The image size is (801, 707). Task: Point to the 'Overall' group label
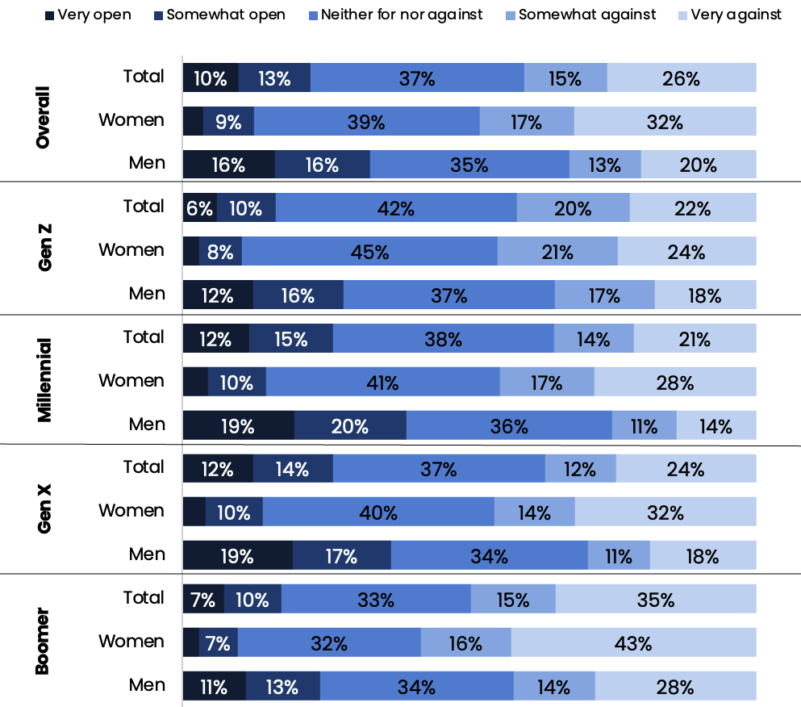44,118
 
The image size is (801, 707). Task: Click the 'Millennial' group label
44,380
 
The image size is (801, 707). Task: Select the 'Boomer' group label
44,641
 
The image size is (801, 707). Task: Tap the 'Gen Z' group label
44,249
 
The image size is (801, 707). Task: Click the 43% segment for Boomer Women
633,642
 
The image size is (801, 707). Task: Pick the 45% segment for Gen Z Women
369,251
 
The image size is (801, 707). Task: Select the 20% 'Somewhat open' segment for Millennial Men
350,425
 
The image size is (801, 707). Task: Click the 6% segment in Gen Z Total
199,207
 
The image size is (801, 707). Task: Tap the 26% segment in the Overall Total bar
682,77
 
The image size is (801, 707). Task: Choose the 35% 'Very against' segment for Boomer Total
655,599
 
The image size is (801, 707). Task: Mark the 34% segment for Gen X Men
489,555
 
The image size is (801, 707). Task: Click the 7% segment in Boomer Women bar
218,642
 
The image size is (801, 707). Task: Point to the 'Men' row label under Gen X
147,554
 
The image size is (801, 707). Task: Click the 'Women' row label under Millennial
131,380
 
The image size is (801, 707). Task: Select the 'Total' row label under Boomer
144,597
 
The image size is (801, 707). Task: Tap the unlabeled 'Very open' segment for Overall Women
193,121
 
